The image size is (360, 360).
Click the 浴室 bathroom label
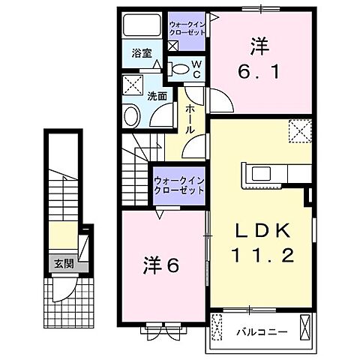click(141, 53)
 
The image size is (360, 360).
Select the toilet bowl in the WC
click(179, 68)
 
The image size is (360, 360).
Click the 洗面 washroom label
click(156, 96)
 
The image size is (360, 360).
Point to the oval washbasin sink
click(131, 117)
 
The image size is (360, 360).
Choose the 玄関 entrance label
click(63, 263)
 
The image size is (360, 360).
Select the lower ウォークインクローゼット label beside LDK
click(178, 185)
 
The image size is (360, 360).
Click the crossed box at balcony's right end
click(304, 326)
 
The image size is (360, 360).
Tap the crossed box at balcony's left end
click(217, 327)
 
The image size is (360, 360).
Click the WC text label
click(196, 69)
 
